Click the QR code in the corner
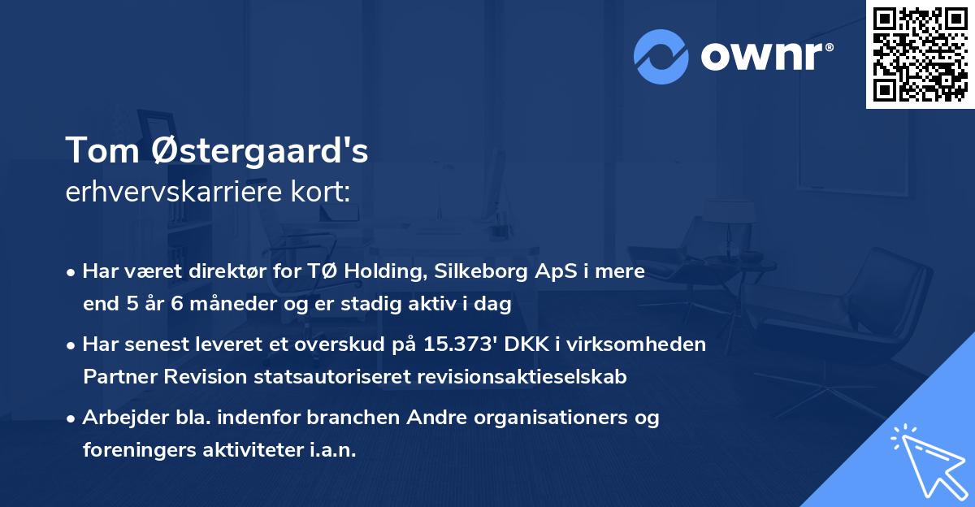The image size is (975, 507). pos(920,54)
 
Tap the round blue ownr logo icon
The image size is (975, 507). pos(661,56)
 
